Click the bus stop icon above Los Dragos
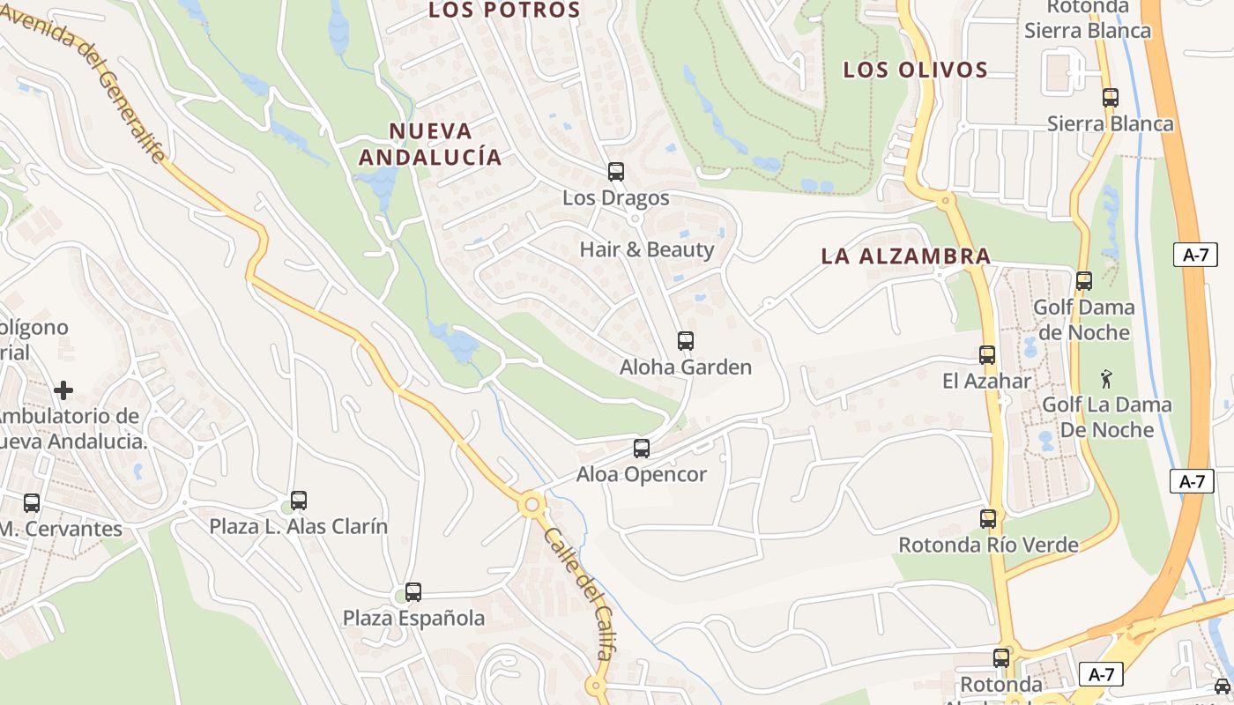tap(615, 172)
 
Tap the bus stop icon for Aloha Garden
tap(685, 341)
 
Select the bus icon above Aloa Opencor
tap(642, 449)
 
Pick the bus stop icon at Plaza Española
tap(413, 592)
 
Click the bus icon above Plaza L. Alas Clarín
tap(299, 501)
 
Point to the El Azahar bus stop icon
tap(987, 355)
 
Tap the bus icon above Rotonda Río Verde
tap(988, 519)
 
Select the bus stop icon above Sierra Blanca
tap(1111, 98)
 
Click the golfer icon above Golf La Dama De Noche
tap(1106, 380)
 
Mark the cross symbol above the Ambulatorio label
tap(63, 390)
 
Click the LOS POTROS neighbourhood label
tap(504, 11)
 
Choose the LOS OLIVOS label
tap(915, 70)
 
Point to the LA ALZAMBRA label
tap(906, 256)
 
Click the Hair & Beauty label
tap(647, 249)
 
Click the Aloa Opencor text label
tap(642, 475)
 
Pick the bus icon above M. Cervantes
tap(32, 503)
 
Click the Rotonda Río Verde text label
tap(988, 545)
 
